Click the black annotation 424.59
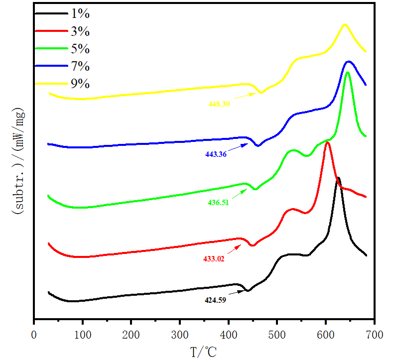(215, 300)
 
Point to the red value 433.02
(214, 258)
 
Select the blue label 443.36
(216, 154)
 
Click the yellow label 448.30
(219, 104)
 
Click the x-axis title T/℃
(204, 352)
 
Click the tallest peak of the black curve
(338, 178)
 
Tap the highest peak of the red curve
(327, 142)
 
